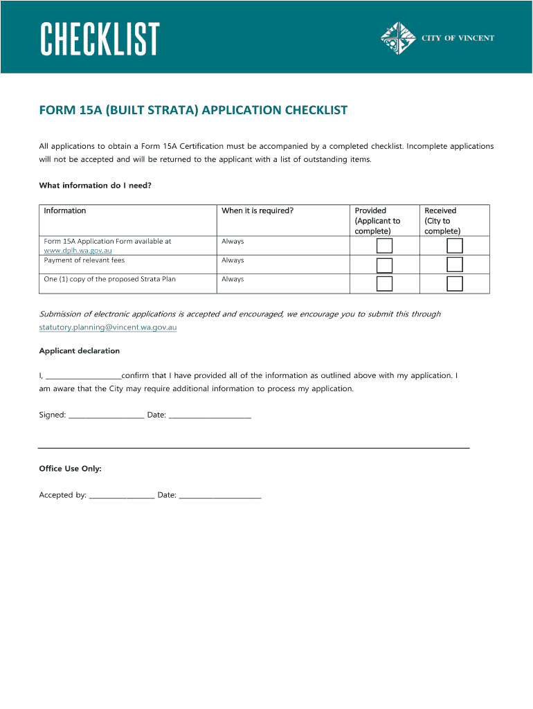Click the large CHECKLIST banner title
pyautogui.click(x=100, y=39)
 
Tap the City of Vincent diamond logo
pyautogui.click(x=398, y=39)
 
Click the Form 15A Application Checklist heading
pyautogui.click(x=193, y=111)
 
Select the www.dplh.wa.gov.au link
pyautogui.click(x=78, y=250)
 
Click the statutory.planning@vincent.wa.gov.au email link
pyautogui.click(x=108, y=327)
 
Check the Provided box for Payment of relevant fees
pyautogui.click(x=384, y=265)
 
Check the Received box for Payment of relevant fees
pyautogui.click(x=455, y=264)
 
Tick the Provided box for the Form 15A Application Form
pyautogui.click(x=384, y=246)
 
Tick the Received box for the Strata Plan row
pyautogui.click(x=455, y=284)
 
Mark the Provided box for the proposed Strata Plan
pyautogui.click(x=384, y=284)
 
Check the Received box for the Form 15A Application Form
pyautogui.click(x=455, y=246)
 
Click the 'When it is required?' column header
pyautogui.click(x=258, y=210)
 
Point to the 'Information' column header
pyautogui.click(x=65, y=210)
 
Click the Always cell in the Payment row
pyautogui.click(x=233, y=260)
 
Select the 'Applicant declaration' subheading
pyautogui.click(x=80, y=351)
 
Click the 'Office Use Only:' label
pyautogui.click(x=71, y=469)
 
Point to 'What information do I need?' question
pyautogui.click(x=95, y=186)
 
